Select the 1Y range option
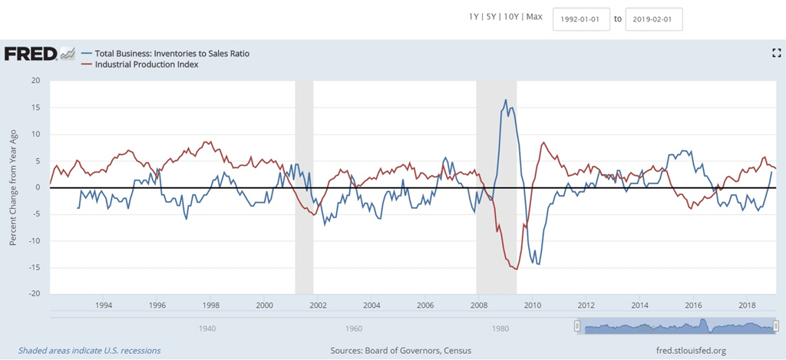(474, 17)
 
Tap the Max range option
(534, 17)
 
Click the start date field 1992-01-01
(581, 19)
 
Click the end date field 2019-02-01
(653, 19)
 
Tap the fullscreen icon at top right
(776, 53)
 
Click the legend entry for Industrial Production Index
(147, 64)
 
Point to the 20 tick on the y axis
(35, 81)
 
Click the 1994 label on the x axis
(104, 306)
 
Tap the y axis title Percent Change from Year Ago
(13, 187)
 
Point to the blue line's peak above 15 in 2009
(506, 100)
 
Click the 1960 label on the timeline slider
(353, 328)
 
